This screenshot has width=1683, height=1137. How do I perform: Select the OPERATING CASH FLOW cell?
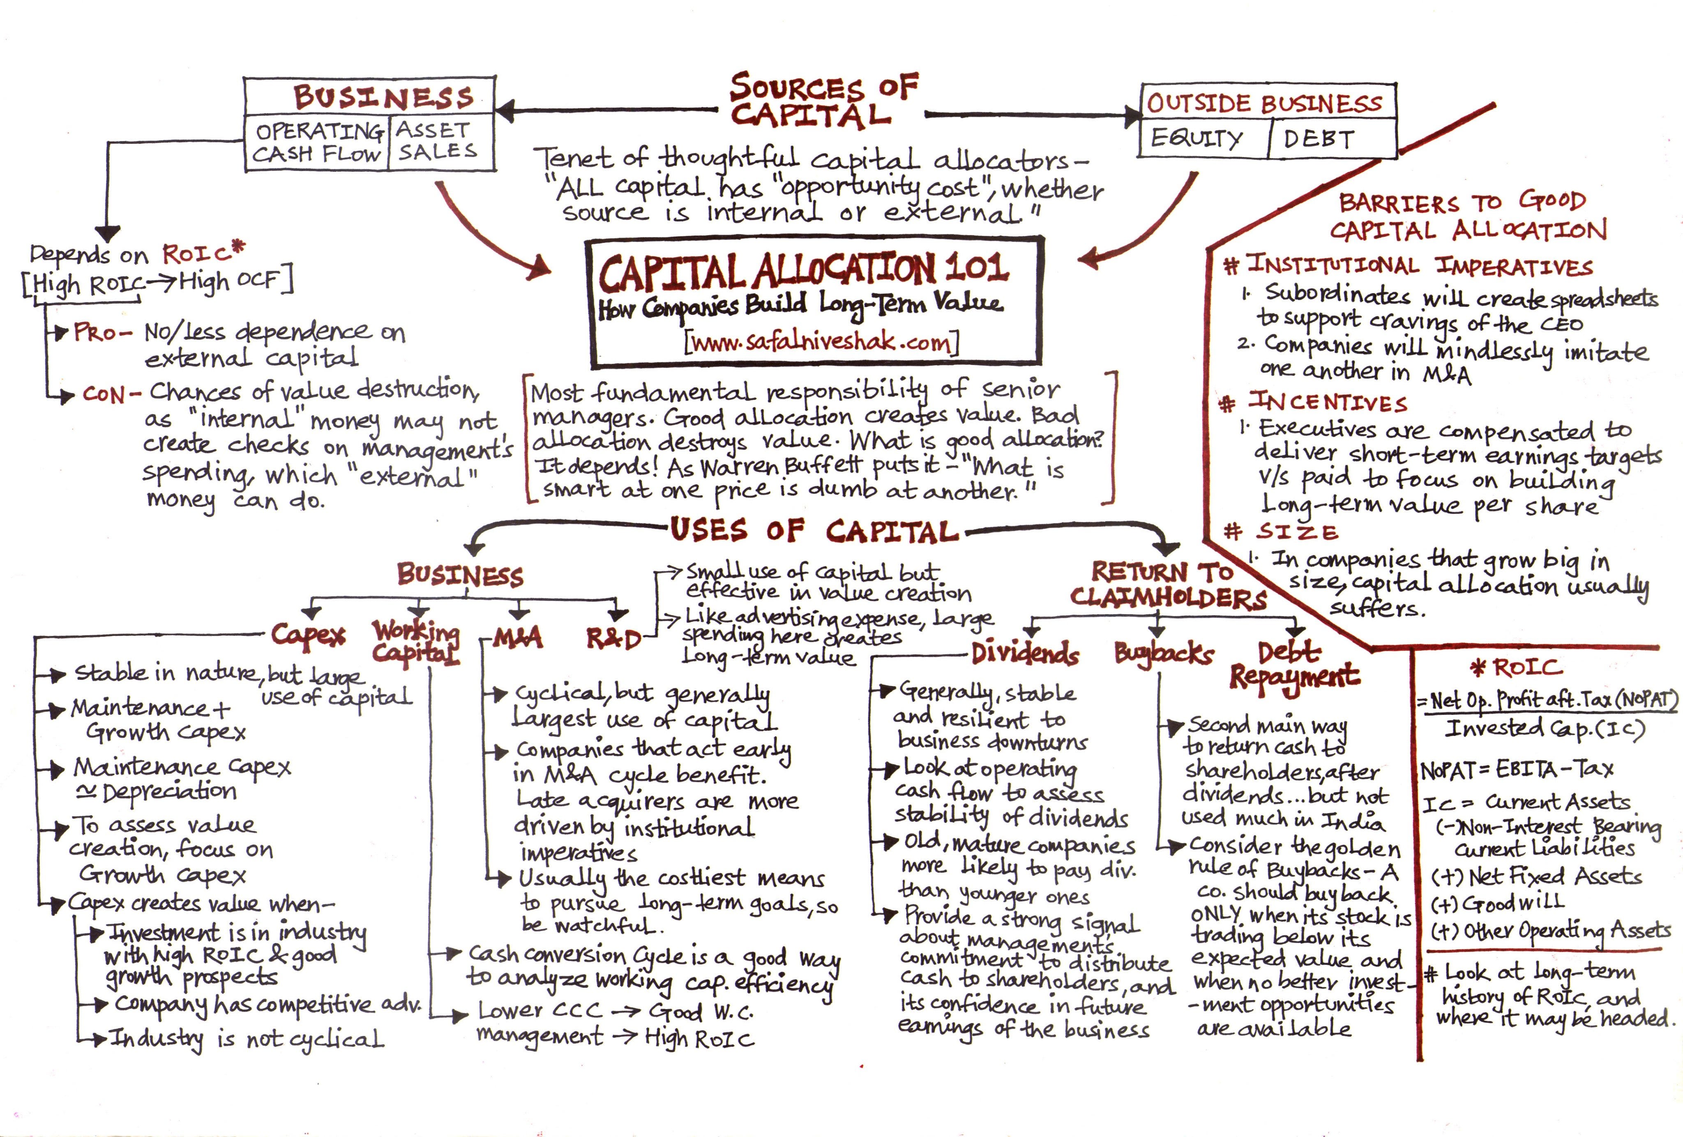(x=317, y=143)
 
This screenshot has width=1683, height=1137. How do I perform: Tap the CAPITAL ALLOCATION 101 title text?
(x=802, y=270)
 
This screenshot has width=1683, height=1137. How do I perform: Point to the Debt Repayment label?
(x=1294, y=665)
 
